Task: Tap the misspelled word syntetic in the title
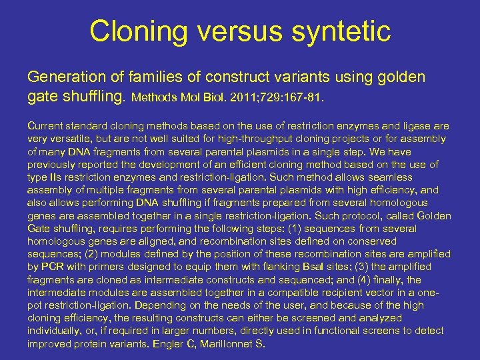click(x=338, y=31)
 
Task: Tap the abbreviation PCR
click(x=53, y=267)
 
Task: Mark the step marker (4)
click(x=373, y=279)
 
